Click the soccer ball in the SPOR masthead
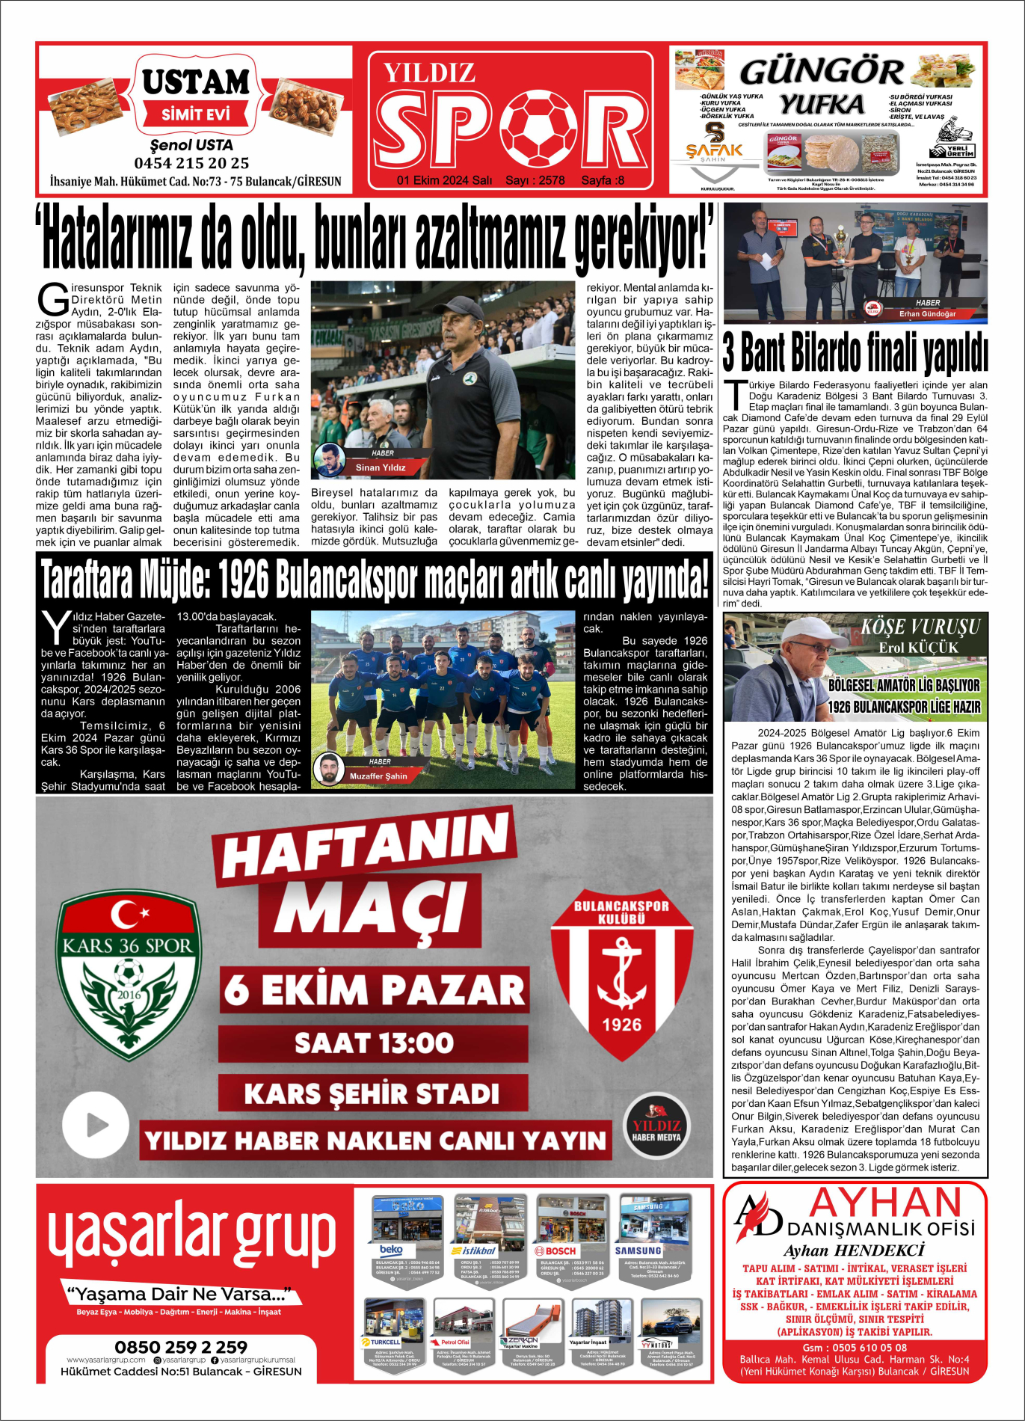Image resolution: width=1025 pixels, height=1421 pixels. click(x=538, y=129)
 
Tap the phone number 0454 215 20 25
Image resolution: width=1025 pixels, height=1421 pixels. click(x=191, y=163)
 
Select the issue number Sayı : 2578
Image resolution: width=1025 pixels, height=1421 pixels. click(x=535, y=180)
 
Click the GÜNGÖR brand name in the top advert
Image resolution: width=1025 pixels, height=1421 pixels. click(x=821, y=73)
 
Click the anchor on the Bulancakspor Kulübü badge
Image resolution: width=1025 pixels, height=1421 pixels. click(x=621, y=975)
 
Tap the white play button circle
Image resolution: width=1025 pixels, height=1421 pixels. click(x=96, y=1124)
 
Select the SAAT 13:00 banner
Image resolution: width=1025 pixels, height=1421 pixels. click(x=373, y=1043)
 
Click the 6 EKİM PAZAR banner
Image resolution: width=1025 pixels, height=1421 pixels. click(x=374, y=989)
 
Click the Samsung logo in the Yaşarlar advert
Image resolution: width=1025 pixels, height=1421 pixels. click(x=638, y=1250)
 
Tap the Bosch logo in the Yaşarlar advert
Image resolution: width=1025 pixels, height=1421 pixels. click(x=555, y=1250)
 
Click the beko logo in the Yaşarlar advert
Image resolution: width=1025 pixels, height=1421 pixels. click(x=392, y=1250)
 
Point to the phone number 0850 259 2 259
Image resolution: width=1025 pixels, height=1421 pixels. click(x=181, y=1347)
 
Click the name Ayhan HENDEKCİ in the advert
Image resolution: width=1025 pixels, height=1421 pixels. click(x=854, y=1250)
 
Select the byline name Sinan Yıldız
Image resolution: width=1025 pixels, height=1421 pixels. click(x=381, y=467)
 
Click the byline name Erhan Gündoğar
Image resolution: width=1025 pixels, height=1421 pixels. click(x=927, y=314)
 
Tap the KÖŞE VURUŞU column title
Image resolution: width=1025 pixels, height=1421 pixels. click(x=920, y=627)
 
